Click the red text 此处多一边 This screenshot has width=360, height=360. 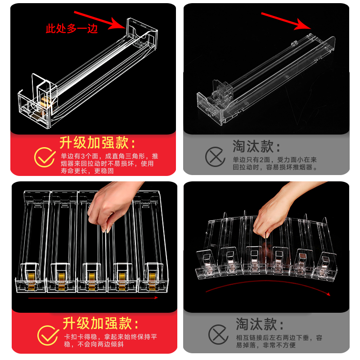pyautogui.click(x=72, y=29)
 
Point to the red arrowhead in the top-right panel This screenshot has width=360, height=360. pyautogui.click(x=303, y=25)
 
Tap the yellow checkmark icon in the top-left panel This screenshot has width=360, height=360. pyautogui.click(x=45, y=157)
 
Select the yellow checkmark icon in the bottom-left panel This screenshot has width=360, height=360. pyautogui.click(x=48, y=335)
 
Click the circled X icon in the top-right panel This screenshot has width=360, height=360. pyautogui.click(x=215, y=157)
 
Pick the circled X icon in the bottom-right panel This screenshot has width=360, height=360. pyautogui.click(x=218, y=334)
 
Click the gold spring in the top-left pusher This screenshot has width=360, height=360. pyautogui.click(x=46, y=102)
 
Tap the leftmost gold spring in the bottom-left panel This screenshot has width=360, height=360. pyautogui.click(x=31, y=280)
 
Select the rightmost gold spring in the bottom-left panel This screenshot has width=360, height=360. pyautogui.click(x=152, y=280)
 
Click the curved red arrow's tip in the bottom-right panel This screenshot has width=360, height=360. pyautogui.click(x=330, y=295)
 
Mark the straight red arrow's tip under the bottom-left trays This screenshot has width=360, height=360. pyautogui.click(x=157, y=298)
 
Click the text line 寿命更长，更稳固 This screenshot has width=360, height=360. pyautogui.click(x=87, y=171)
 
